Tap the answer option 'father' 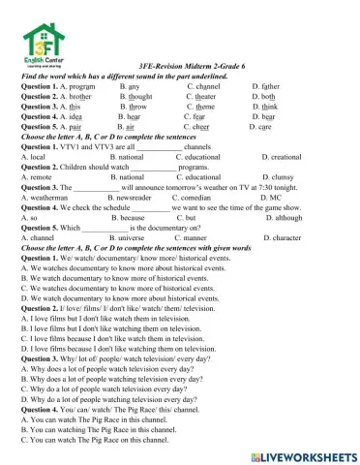point(276,85)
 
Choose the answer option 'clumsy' point(282,177)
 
